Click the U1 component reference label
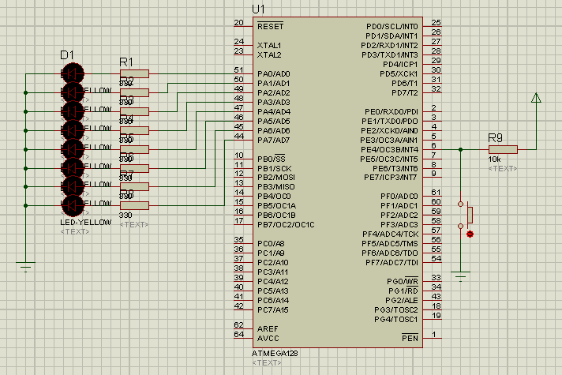pos(258,9)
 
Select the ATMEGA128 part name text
pos(275,353)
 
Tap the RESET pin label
pos(270,26)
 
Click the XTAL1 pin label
pos(269,45)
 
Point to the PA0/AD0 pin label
pos(274,73)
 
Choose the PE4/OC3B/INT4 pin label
pos(389,149)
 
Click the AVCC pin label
pos(268,338)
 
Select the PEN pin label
pos(410,338)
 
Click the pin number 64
pos(238,334)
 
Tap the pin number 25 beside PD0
pos(436,23)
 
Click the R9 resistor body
pos(502,148)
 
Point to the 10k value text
pos(495,159)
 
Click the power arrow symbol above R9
pos(537,99)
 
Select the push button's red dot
pos(470,234)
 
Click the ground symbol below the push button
pos(460,275)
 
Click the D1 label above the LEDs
pos(67,54)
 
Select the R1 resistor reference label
pos(126,62)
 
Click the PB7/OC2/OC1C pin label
pos(286,225)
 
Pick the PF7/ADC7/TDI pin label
pos(389,262)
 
